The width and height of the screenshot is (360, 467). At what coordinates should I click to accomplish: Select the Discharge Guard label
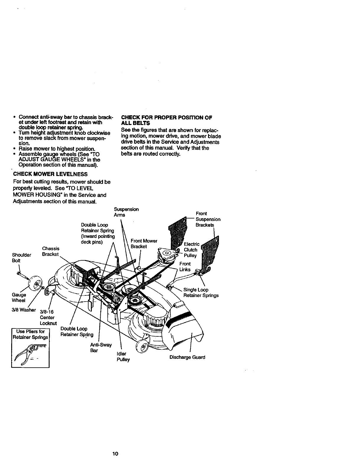(187, 357)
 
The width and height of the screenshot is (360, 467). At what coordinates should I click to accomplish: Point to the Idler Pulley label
(123, 357)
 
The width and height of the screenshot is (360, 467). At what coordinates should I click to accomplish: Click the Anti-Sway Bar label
(101, 348)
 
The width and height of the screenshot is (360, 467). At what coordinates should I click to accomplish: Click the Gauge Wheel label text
(19, 297)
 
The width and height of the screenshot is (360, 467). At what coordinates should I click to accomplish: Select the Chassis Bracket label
(51, 251)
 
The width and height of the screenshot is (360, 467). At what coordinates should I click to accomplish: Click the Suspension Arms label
(126, 212)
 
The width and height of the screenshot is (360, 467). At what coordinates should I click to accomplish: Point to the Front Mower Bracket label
(144, 244)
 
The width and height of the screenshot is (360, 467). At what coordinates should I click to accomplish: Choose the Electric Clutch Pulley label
(192, 250)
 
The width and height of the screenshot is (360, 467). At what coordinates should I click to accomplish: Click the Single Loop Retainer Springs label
(201, 292)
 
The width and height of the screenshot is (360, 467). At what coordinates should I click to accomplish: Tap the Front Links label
(185, 267)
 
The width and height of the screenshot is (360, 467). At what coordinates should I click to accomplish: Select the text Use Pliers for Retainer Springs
(30, 334)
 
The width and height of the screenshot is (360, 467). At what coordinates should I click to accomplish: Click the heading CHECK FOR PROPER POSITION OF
(167, 118)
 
